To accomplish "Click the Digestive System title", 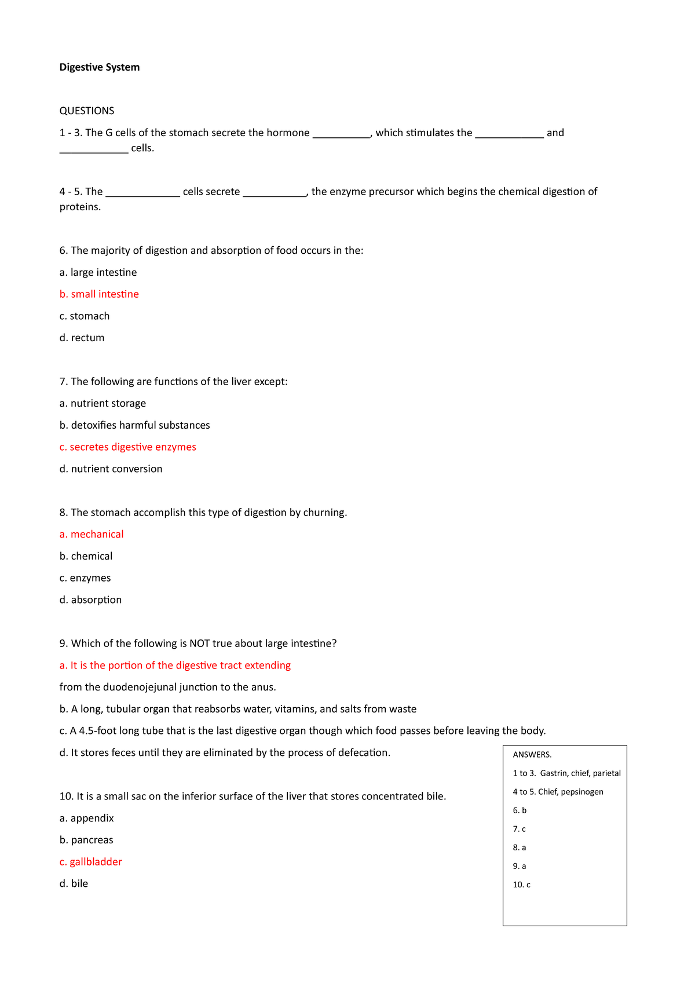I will coord(99,67).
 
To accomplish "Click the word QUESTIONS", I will coord(87,111).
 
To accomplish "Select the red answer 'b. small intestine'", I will coord(99,294).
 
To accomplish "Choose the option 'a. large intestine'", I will coord(98,272).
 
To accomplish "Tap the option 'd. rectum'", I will coord(82,338).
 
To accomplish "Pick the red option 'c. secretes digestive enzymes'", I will coord(127,447).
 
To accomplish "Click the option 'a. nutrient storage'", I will coord(103,403).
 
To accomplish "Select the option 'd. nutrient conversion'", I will coord(111,469).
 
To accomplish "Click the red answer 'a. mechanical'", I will coord(92,534).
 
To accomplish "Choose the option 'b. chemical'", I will coord(86,556).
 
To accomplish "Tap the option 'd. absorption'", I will coord(90,600).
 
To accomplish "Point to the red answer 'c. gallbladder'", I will coord(90,862).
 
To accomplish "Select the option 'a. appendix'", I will coord(86,818).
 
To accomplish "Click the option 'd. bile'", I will coord(74,883).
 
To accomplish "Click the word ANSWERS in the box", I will coord(532,755).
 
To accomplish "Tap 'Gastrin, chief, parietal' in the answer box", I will coord(580,773).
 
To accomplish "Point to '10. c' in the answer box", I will coord(521,885).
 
